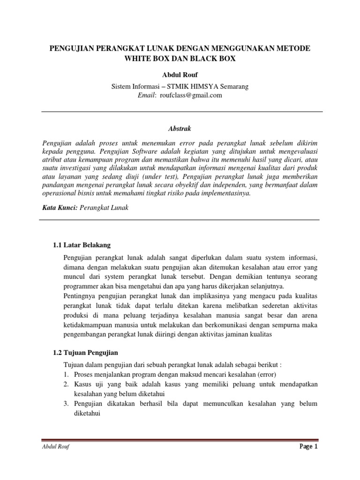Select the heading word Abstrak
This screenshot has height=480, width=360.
(180, 128)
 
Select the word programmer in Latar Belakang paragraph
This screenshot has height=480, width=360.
(81, 286)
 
